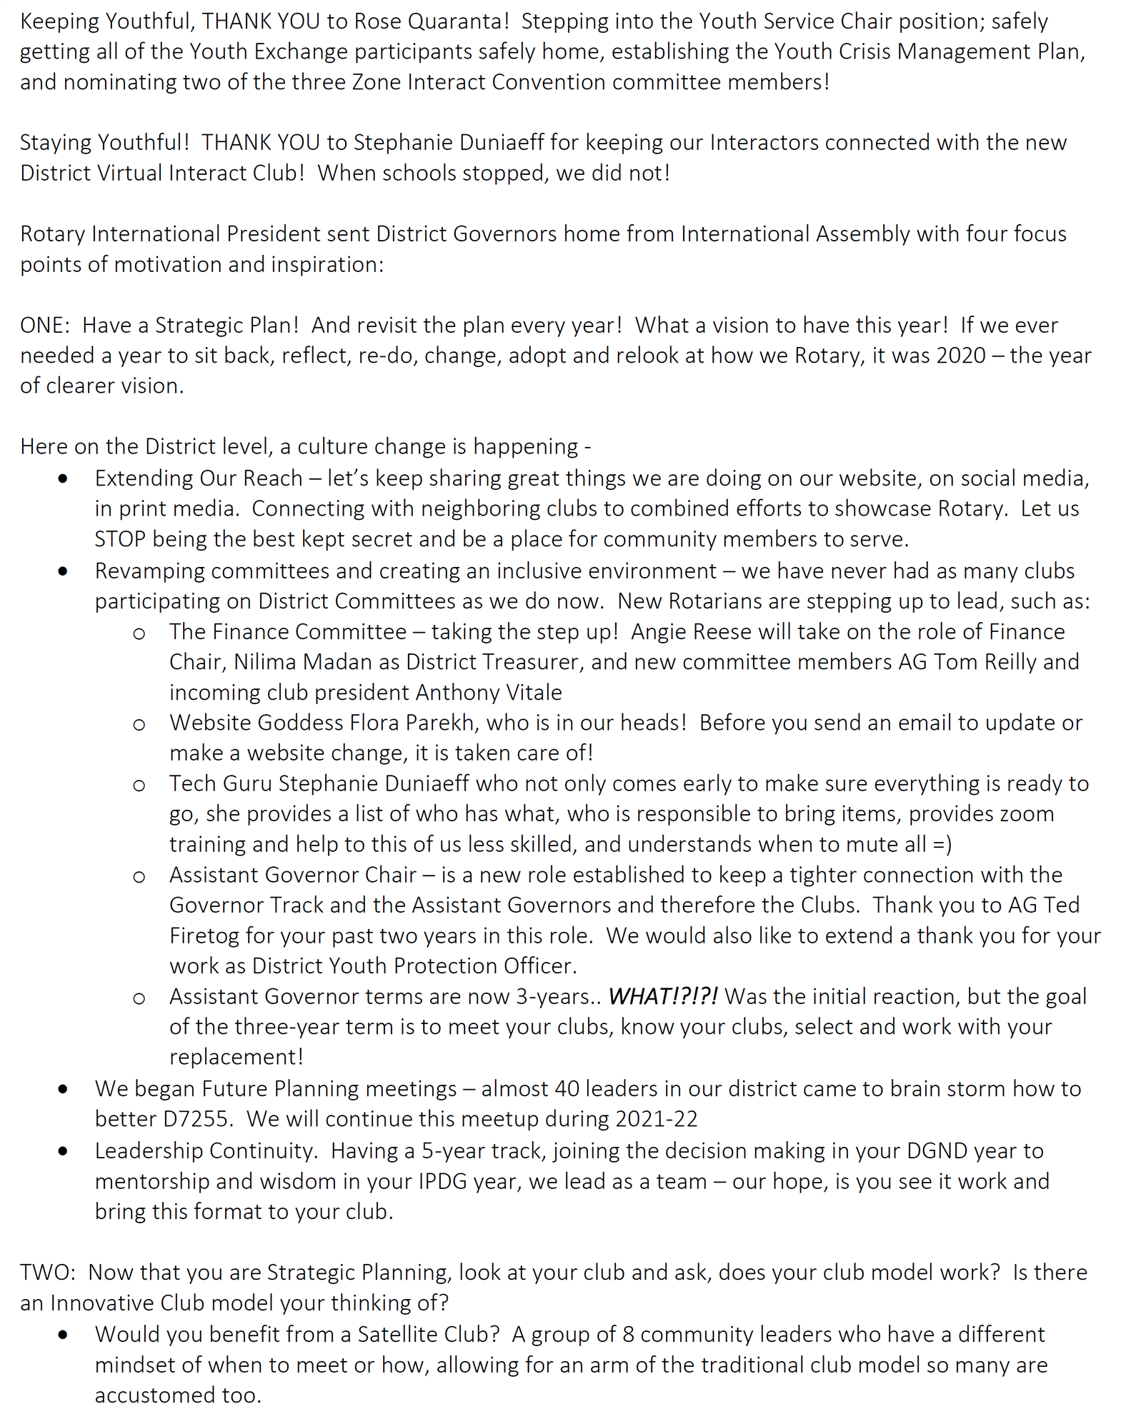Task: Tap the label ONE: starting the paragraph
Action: coord(45,326)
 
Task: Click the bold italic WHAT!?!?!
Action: coord(662,996)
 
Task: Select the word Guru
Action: coord(247,783)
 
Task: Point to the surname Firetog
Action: coord(204,936)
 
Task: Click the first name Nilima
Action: coord(265,662)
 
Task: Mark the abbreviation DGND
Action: coord(947,1150)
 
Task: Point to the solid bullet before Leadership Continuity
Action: coord(64,1151)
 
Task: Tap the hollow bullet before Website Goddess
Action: coord(139,724)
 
